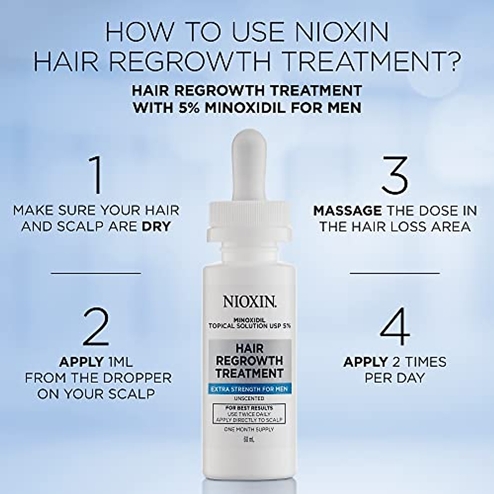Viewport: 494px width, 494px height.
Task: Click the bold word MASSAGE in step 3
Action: pos(347,211)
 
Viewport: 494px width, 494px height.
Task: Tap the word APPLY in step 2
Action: pos(81,362)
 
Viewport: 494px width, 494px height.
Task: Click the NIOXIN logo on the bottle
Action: pos(250,301)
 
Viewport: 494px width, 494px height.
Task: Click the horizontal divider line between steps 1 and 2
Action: pos(96,273)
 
